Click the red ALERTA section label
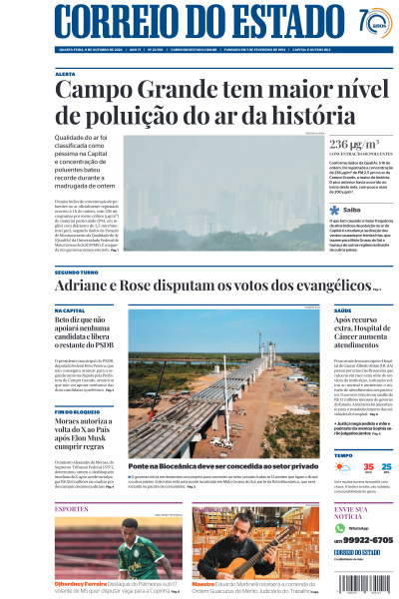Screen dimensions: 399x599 point(65,74)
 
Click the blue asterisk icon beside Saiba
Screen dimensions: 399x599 point(335,210)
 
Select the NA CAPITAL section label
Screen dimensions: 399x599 point(70,310)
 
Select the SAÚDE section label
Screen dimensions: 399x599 point(342,310)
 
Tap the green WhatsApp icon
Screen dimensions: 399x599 point(338,526)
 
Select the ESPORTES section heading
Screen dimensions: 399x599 point(72,508)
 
